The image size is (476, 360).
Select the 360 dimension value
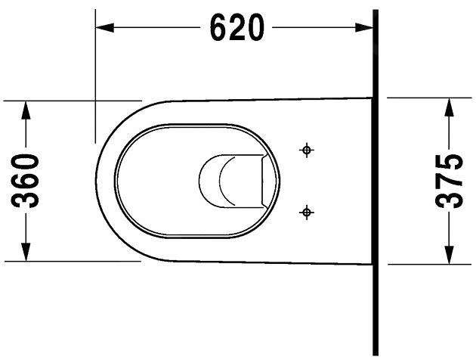27,180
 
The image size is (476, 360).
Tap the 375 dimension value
450,182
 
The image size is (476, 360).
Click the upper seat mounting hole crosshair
307,151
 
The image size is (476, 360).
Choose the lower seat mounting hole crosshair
307,212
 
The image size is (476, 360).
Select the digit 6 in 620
218,29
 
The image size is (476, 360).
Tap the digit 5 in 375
450,163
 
